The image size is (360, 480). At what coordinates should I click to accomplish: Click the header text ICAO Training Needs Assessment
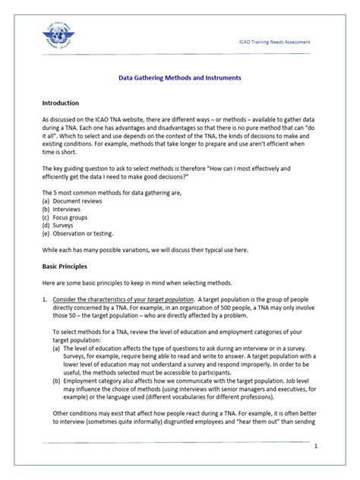(270, 42)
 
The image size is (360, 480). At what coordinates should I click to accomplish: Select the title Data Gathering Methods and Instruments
(180, 77)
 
